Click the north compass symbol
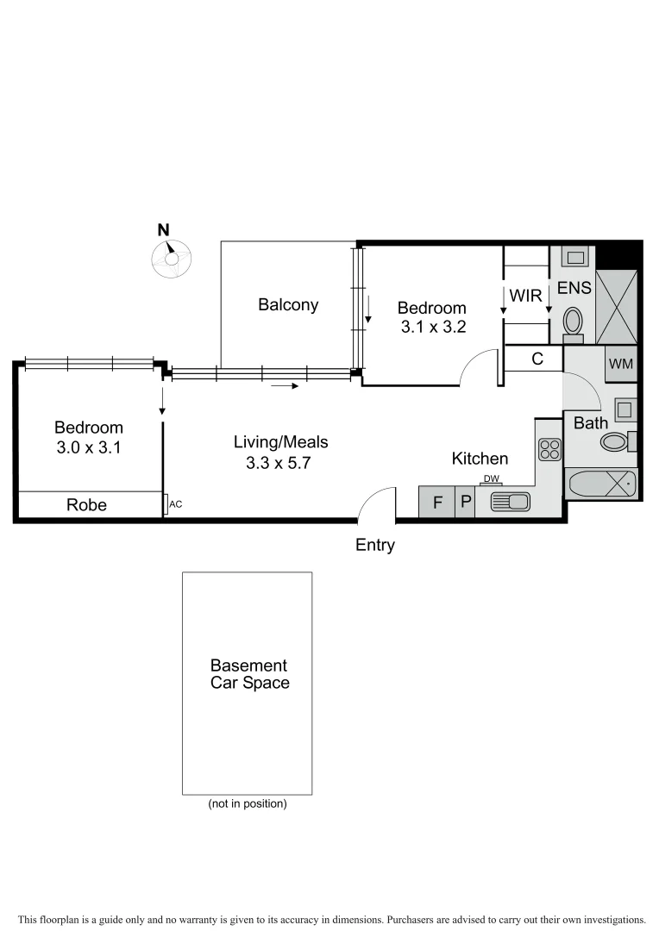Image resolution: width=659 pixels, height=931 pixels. [x=170, y=257]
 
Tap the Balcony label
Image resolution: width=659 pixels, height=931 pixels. [x=288, y=304]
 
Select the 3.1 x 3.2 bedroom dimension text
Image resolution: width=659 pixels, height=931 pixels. [x=431, y=328]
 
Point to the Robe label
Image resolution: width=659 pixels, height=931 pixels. [x=87, y=505]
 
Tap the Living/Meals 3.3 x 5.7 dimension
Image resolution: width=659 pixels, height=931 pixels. [x=281, y=462]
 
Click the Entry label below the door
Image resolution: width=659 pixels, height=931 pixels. [x=375, y=545]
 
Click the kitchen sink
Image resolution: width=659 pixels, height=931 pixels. [x=510, y=502]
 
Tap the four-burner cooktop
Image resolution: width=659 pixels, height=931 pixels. [x=549, y=449]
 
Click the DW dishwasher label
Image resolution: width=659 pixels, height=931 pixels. [x=492, y=479]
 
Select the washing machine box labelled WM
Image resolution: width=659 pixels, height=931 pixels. [x=621, y=364]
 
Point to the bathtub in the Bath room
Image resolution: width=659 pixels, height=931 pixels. [x=601, y=485]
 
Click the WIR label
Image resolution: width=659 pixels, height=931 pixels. [x=525, y=296]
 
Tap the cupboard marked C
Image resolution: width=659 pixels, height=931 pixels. [x=537, y=359]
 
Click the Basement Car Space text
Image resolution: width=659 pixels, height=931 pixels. [x=248, y=674]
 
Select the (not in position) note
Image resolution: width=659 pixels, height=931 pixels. [x=247, y=803]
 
